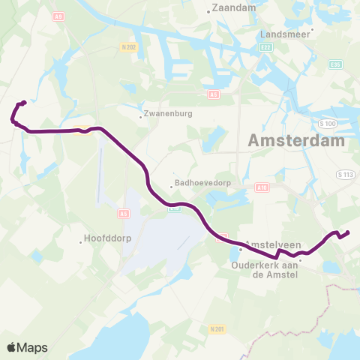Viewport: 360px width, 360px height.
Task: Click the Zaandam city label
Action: pyautogui.click(x=234, y=7)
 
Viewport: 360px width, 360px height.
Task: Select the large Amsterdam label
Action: pyautogui.click(x=295, y=140)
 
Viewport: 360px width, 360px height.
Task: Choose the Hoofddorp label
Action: pyautogui.click(x=103, y=241)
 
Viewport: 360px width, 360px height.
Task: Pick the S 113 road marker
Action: pyautogui.click(x=345, y=174)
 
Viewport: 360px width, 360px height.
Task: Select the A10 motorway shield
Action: pyautogui.click(x=261, y=188)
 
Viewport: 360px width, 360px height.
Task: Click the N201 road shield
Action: pyautogui.click(x=218, y=328)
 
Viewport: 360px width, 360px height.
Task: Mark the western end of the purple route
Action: pyautogui.click(x=24, y=103)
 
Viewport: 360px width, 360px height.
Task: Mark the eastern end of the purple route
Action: pyautogui.click(x=348, y=232)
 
